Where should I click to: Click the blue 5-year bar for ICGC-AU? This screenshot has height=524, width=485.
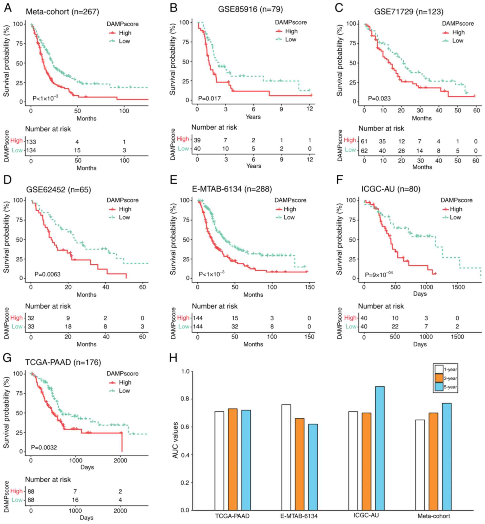click(x=380, y=448)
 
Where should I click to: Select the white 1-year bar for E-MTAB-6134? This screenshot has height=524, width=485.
click(x=286, y=457)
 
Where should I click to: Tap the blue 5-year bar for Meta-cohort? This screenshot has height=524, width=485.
click(x=447, y=457)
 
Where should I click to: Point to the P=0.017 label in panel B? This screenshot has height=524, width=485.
click(x=209, y=98)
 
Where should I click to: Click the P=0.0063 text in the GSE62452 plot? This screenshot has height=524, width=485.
click(x=47, y=274)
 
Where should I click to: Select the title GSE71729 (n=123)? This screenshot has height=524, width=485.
click(x=408, y=12)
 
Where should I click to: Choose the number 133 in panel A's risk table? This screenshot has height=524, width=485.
click(x=31, y=142)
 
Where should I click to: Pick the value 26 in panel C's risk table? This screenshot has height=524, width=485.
click(x=401, y=151)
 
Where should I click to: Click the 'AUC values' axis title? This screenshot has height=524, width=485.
click(x=175, y=440)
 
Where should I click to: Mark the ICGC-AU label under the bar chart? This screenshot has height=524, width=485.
click(x=366, y=515)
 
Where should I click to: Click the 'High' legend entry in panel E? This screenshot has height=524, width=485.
click(x=290, y=209)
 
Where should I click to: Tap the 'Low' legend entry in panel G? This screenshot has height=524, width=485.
click(x=124, y=391)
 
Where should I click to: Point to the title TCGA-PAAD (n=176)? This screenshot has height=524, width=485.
click(x=63, y=362)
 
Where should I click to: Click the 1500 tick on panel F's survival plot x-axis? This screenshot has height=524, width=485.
click(x=458, y=287)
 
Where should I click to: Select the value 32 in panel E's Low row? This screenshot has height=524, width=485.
click(x=235, y=327)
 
